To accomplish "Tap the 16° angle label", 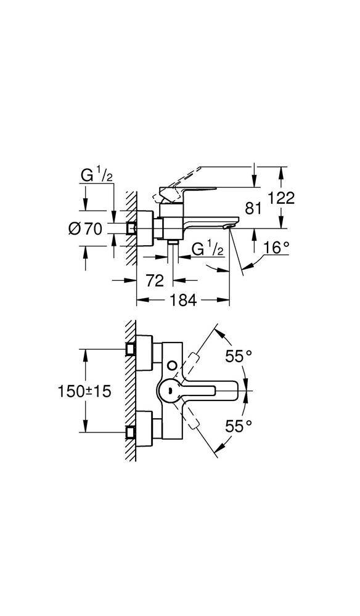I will pyautogui.click(x=276, y=248).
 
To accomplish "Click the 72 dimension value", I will pyautogui.click(x=155, y=281).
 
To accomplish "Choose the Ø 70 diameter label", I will pyautogui.click(x=84, y=229).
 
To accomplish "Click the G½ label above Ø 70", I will pyautogui.click(x=96, y=177).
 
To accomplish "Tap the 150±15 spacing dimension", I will pyautogui.click(x=84, y=391).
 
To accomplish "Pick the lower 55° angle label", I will pyautogui.click(x=238, y=424).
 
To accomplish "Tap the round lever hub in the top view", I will pyautogui.click(x=170, y=390).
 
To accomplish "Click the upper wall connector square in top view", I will pyautogui.click(x=130, y=349).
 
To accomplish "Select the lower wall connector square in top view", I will pyautogui.click(x=130, y=432).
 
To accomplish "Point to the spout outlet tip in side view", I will pyautogui.click(x=229, y=227).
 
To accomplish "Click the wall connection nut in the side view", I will pyautogui.click(x=130, y=228).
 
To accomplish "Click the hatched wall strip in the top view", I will pyautogui.click(x=130, y=391).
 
